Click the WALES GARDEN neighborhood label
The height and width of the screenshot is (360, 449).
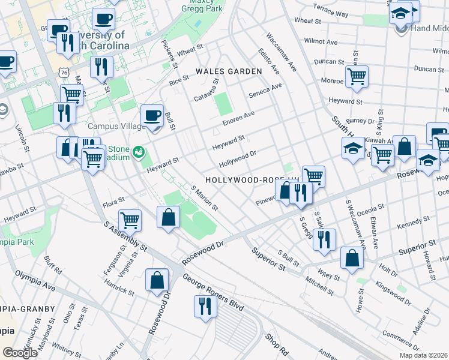tap(229, 71)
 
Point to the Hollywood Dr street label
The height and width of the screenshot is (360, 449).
tap(238, 158)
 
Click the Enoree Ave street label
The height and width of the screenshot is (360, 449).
tap(239, 118)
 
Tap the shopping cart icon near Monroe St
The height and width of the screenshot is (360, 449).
tap(357, 77)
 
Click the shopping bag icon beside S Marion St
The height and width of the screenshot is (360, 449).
tap(169, 217)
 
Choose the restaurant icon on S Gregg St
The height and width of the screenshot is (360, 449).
tap(324, 239)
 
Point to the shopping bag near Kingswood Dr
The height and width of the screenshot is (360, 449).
tap(352, 258)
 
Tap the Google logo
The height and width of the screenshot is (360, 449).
tap(20, 353)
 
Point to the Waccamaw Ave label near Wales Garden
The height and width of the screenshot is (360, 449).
tap(282, 52)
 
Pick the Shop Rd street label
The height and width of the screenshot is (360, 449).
tap(277, 344)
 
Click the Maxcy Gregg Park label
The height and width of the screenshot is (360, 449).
tap(203, 6)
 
